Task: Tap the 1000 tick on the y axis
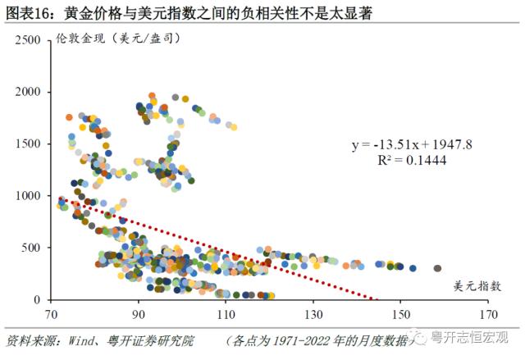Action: [x=28, y=196]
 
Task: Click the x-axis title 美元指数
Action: [x=474, y=286]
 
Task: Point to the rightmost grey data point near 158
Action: [x=438, y=268]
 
